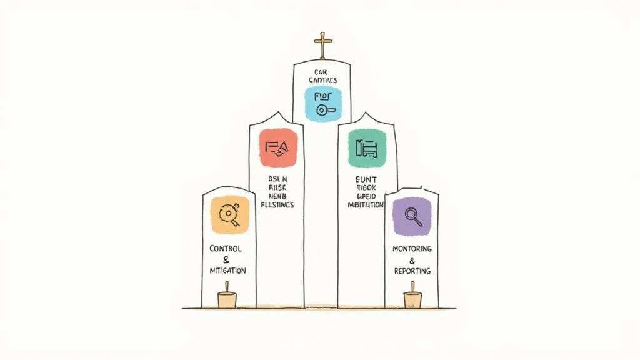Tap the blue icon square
coord(323,104)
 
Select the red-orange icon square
coord(278,147)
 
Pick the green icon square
coord(367,148)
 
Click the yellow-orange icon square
coord(230,214)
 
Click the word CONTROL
coord(226,249)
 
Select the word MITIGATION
coord(227,271)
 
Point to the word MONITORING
coord(412,249)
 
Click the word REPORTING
coord(412,271)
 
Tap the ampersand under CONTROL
coord(226,259)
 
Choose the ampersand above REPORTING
coord(412,260)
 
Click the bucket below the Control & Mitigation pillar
coord(227,298)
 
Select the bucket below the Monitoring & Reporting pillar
coord(412,298)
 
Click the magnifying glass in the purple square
coord(413,216)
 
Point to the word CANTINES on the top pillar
coord(322,81)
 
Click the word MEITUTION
coord(366,205)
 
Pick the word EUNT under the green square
coord(366,178)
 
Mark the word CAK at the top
coord(322,72)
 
